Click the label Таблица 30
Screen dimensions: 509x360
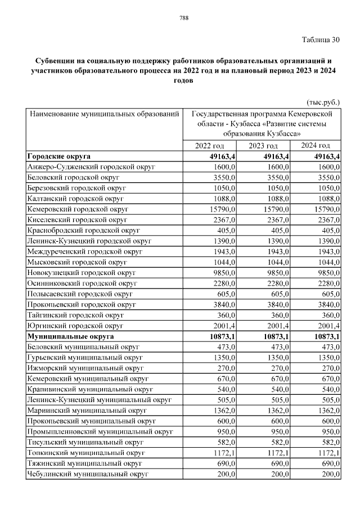point(321,39)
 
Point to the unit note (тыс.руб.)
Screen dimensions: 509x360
point(323,102)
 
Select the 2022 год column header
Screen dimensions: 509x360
point(209,146)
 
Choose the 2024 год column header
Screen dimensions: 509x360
point(316,146)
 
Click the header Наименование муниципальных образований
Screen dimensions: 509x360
point(104,114)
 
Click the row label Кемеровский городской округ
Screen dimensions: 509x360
point(78,209)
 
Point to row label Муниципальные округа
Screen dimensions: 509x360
point(68,336)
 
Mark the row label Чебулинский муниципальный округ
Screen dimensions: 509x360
point(87,474)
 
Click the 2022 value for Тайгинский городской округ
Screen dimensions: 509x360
point(226,315)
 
